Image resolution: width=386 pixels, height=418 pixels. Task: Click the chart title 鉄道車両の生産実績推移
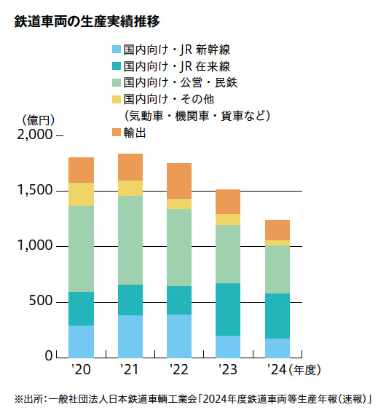pyautogui.click(x=87, y=22)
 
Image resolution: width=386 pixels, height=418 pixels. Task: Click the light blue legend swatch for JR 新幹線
pyautogui.click(x=117, y=50)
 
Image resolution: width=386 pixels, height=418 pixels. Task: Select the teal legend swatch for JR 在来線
pyautogui.click(x=117, y=66)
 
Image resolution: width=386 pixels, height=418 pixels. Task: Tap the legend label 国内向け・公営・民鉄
pyautogui.click(x=180, y=82)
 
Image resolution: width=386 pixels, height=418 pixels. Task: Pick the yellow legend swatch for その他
pyautogui.click(x=117, y=99)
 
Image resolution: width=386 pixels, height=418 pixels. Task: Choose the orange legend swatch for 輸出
pyautogui.click(x=117, y=133)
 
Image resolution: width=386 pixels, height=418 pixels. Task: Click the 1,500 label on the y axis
pyautogui.click(x=35, y=190)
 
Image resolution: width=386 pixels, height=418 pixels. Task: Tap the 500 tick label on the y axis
pyautogui.click(x=41, y=301)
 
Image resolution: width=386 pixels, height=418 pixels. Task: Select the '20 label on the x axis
pyautogui.click(x=81, y=369)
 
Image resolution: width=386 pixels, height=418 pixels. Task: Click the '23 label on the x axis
pyautogui.click(x=228, y=369)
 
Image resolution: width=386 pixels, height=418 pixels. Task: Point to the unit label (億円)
pyautogui.click(x=39, y=120)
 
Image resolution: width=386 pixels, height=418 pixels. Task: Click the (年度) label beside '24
pyautogui.click(x=304, y=370)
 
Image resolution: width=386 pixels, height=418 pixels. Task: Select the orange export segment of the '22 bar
pyautogui.click(x=179, y=181)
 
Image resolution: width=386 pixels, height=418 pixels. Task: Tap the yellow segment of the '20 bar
pyautogui.click(x=81, y=194)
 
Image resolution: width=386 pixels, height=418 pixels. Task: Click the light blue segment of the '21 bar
pyautogui.click(x=130, y=336)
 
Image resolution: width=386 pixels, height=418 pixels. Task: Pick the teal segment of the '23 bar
pyautogui.click(x=228, y=309)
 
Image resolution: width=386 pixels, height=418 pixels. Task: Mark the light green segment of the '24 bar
pyautogui.click(x=277, y=269)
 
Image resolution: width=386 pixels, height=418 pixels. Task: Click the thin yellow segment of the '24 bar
pyautogui.click(x=277, y=242)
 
